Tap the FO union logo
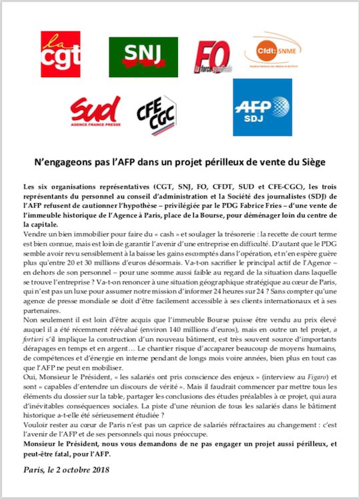pos(211,57)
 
